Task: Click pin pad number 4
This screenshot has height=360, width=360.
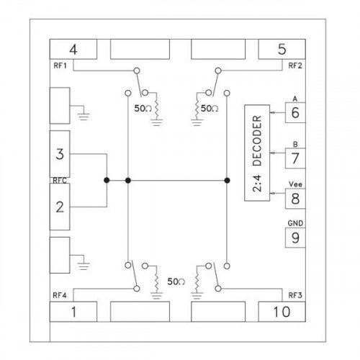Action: click(x=73, y=49)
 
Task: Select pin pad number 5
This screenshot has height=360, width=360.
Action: click(x=282, y=49)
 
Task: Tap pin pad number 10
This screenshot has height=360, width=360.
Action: click(x=282, y=312)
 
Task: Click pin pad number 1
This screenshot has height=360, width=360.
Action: click(x=73, y=312)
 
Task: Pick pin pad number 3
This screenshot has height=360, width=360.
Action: click(x=60, y=154)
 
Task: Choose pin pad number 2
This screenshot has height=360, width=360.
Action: click(x=60, y=207)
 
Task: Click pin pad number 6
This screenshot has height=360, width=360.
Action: click(x=295, y=112)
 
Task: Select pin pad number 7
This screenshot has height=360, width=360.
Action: click(x=295, y=158)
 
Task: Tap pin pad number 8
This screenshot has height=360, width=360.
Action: click(x=295, y=199)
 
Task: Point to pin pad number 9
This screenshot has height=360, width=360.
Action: click(x=295, y=238)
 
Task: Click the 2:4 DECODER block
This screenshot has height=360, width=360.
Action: click(x=257, y=153)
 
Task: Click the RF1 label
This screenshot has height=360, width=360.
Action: click(x=60, y=66)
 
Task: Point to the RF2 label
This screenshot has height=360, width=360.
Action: click(x=295, y=66)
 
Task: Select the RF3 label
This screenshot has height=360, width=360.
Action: click(x=295, y=295)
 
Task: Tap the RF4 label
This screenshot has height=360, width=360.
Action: click(x=60, y=295)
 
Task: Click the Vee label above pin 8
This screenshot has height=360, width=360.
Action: click(x=295, y=184)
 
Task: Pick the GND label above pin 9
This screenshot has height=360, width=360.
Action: click(x=295, y=223)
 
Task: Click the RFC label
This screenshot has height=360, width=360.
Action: click(x=60, y=181)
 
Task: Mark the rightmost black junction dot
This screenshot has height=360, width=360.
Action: click(x=227, y=180)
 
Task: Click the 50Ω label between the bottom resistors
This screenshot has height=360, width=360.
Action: click(x=176, y=282)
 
